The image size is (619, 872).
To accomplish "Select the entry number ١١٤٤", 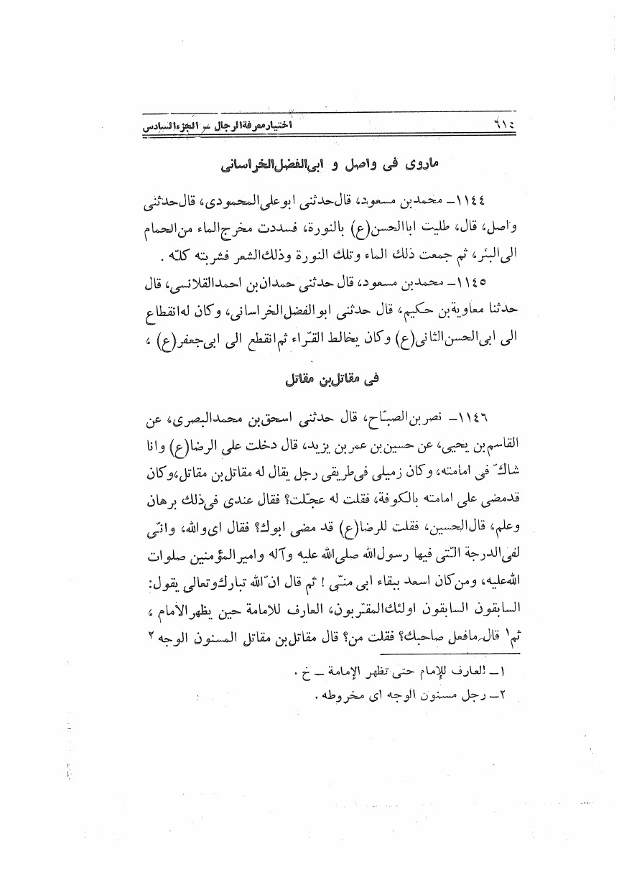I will coord(455,199).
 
